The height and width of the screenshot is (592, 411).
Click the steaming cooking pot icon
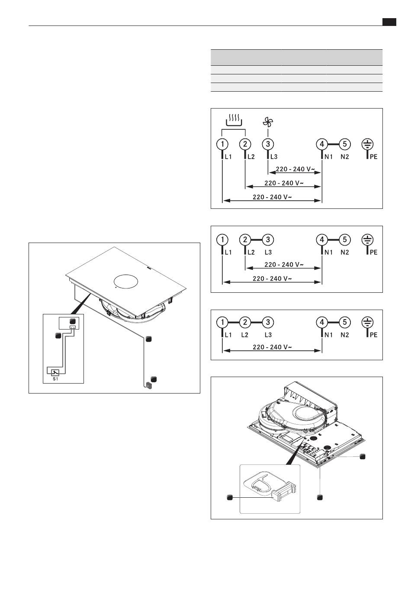pos(234,120)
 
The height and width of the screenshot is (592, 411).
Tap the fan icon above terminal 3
pos(268,122)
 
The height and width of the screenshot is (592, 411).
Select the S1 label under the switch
pos(55,379)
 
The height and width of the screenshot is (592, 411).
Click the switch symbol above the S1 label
pos(55,373)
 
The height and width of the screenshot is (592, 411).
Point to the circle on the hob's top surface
pos(125,281)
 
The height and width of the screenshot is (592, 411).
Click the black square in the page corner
pos(389,22)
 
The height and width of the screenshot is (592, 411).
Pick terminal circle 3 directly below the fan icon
pos(268,144)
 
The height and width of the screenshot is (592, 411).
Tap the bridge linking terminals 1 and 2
pos(234,322)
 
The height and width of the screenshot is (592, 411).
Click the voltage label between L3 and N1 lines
pos(295,169)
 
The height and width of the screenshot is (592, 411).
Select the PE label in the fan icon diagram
pos(373,157)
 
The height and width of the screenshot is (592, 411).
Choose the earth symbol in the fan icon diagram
pos(367,144)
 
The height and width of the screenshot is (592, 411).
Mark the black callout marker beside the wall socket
pos(154,379)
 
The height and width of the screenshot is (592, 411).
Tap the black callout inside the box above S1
pos(73,321)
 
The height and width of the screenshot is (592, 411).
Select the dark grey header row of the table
pos(296,58)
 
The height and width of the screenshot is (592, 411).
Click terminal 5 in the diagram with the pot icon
pos(345,144)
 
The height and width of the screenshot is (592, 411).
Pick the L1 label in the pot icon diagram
pos(228,157)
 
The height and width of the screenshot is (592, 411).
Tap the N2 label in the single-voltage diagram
pos(345,335)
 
